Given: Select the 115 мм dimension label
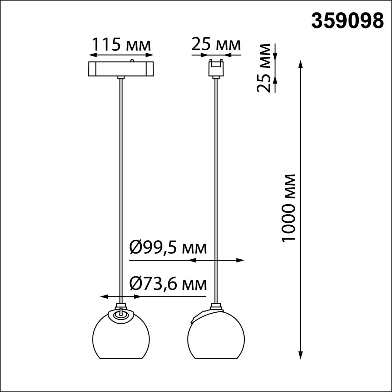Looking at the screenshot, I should tap(121, 45).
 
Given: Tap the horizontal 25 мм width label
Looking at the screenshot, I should tap(216, 45).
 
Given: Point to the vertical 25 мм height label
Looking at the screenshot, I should tap(264, 68).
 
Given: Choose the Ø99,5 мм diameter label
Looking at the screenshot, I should tap(168, 248).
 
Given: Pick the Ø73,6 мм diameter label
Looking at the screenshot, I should tap(168, 284).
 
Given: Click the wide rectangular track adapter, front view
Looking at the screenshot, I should tap(121, 69).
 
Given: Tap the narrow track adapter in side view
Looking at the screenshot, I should tap(216, 68).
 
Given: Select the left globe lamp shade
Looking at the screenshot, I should tap(121, 337).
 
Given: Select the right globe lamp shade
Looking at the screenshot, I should tap(216, 337).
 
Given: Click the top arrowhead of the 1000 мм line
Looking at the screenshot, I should tap(301, 64).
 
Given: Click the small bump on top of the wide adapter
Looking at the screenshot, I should tap(132, 60).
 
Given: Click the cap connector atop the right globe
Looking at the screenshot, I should tap(216, 306).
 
